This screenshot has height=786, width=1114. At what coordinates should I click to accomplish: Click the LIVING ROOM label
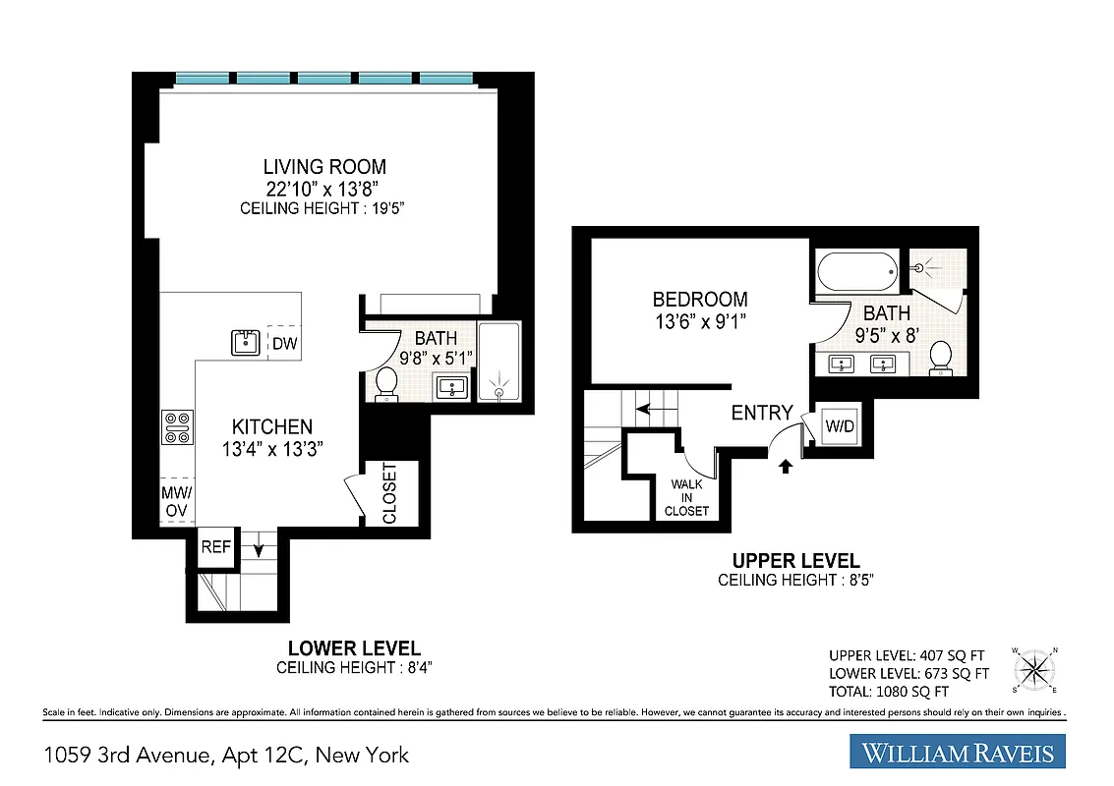(324, 167)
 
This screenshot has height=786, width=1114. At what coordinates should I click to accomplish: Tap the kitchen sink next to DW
(246, 343)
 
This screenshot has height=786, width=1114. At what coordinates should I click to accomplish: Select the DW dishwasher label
(284, 343)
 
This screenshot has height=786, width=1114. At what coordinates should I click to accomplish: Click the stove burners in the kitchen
(177, 428)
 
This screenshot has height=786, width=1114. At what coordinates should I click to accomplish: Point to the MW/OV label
(177, 500)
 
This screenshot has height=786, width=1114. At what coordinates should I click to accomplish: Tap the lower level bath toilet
(386, 381)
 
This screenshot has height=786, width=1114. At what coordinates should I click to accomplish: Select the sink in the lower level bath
(452, 386)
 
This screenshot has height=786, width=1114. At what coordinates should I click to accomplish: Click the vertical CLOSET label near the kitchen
(389, 493)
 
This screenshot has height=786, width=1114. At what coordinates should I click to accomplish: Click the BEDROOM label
(700, 300)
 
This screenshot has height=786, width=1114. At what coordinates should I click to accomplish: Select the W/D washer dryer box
(838, 426)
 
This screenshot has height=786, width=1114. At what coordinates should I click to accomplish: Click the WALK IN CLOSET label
(686, 497)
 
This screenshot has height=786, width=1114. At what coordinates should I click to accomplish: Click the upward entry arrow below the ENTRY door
(785, 466)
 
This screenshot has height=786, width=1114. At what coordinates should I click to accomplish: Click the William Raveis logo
(958, 754)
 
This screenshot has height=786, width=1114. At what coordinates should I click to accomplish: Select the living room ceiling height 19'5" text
(324, 208)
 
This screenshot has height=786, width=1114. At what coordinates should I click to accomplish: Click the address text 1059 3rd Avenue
(226, 755)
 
